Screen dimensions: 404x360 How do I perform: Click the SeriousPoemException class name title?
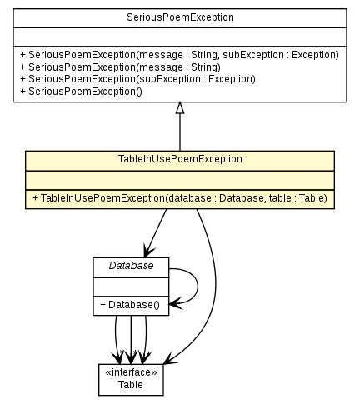pos(180,17)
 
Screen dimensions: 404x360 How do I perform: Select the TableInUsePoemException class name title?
pos(180,159)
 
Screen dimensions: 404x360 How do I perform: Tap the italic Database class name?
pos(130,266)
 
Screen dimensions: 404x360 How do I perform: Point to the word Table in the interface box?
pos(130,385)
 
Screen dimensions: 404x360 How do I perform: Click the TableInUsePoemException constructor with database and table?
pos(180,198)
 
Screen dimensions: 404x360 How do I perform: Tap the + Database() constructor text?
pos(130,305)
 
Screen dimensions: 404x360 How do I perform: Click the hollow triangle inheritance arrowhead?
pos(180,107)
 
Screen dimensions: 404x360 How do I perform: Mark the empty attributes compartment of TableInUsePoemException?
pos(180,178)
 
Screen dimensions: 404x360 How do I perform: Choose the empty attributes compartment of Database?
pos(130,286)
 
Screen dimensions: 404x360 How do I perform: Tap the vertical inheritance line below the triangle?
pos(180,133)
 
